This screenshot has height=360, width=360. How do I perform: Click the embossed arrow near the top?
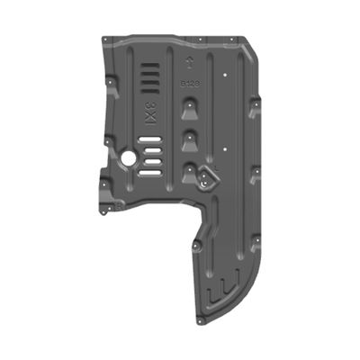click(x=190, y=62)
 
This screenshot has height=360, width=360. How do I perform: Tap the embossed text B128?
click(x=192, y=82)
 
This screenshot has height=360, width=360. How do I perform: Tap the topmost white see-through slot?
click(x=154, y=139)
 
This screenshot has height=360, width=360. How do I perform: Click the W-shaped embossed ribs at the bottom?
click(x=220, y=292)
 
